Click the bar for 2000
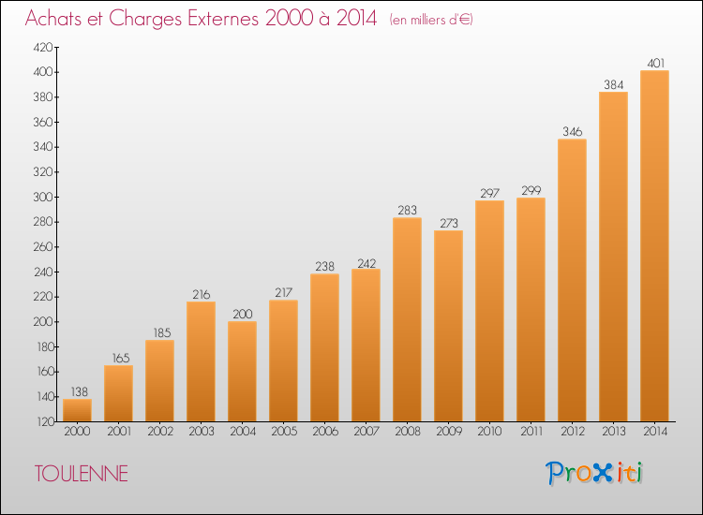tap(77, 410)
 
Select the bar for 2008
tap(407, 319)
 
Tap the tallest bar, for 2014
tap(654, 246)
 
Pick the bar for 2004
tap(242, 371)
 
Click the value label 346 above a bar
tap(572, 132)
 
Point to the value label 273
tap(449, 223)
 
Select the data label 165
tap(121, 359)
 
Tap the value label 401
tap(655, 64)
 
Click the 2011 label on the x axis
tap(531, 432)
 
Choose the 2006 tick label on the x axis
tap(325, 432)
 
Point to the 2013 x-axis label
tap(614, 432)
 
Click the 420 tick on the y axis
tap(43, 47)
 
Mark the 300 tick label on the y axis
tap(43, 197)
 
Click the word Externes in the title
tap(223, 18)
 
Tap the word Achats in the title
tap(53, 18)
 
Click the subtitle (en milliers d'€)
tap(431, 20)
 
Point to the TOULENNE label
tap(82, 474)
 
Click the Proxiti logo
tap(594, 473)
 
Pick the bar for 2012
tap(572, 280)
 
